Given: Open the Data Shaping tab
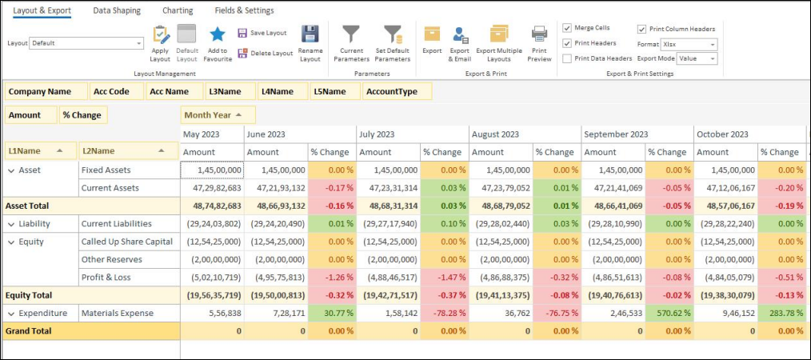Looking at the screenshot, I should [117, 10].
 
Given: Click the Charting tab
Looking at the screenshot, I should [177, 10].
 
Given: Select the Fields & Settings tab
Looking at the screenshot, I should [244, 10].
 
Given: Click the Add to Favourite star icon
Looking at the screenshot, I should [217, 34].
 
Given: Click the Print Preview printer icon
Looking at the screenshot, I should [539, 34].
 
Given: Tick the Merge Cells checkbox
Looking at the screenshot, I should [567, 28].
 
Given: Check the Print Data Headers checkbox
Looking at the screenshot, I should [567, 58].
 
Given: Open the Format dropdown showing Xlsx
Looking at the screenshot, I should [689, 44].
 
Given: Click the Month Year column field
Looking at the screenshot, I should [218, 115].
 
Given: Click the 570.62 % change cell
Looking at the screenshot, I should [669, 313].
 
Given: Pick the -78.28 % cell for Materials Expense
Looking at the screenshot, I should [445, 313].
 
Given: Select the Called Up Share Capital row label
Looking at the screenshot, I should [126, 241].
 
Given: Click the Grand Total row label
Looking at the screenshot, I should [29, 330].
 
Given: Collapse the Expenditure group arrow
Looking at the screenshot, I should [11, 313].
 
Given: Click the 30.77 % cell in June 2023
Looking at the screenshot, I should [332, 313].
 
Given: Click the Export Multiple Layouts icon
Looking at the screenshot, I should [499, 34].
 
